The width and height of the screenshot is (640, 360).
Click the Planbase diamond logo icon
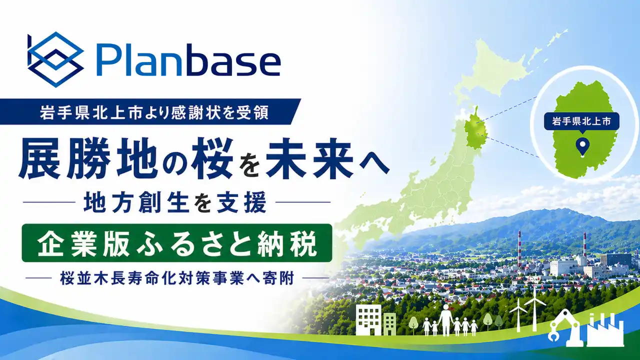pos(55,59)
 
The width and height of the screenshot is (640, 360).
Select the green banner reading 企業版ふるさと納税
pos(177,243)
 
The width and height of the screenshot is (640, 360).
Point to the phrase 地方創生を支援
pos(175,202)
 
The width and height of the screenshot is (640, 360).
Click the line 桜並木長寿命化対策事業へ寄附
pos(177,277)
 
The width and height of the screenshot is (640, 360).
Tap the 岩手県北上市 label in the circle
pos(581,121)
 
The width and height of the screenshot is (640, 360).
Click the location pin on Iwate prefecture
pos(582,147)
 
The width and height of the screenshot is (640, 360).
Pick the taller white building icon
pos(369,319)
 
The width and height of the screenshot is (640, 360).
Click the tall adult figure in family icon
pos(445,319)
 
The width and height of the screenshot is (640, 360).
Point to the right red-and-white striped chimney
pos(585,244)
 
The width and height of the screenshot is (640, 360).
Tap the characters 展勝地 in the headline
pos(88,158)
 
